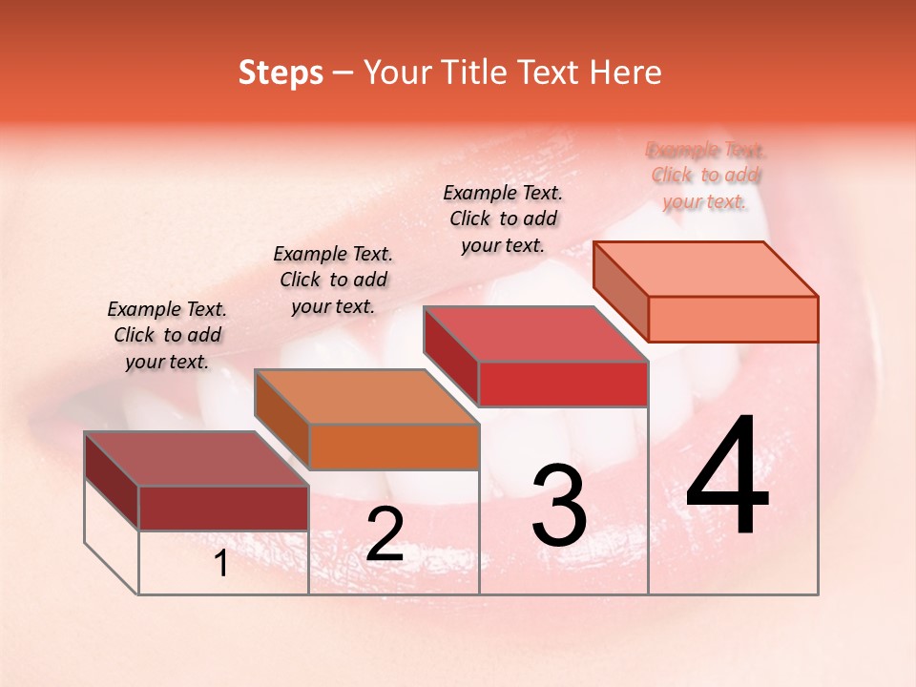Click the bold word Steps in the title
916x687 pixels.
click(x=281, y=73)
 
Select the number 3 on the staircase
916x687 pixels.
click(x=559, y=507)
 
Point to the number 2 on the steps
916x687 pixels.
click(x=385, y=534)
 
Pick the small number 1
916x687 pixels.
click(x=221, y=564)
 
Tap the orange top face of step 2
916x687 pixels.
click(x=366, y=397)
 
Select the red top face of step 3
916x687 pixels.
click(x=535, y=334)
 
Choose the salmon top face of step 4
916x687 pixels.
click(x=705, y=269)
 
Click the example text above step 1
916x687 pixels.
click(x=167, y=335)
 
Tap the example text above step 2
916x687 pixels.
click(x=333, y=280)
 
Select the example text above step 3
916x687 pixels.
click(x=503, y=219)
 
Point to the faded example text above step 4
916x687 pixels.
click(x=706, y=176)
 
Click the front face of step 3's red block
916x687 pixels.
click(x=563, y=384)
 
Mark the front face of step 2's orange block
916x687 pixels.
click(x=394, y=447)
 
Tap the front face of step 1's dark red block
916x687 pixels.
click(x=223, y=508)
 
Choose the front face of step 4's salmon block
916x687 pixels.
click(x=733, y=319)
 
